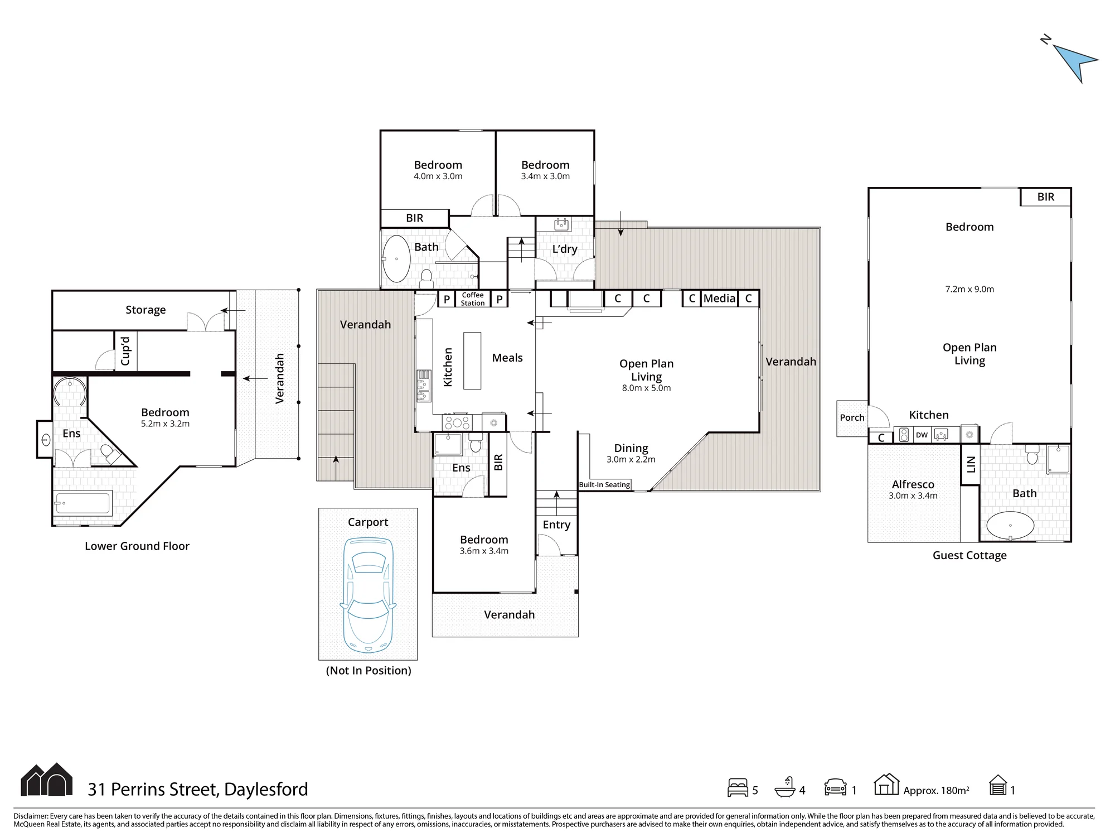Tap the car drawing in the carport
pos(368,595)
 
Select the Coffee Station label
pos(473,299)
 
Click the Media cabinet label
pos(719,299)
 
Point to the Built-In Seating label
pos(604,485)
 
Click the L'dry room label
pos(565,249)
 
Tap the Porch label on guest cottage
pos(852,417)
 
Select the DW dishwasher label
pos(922,435)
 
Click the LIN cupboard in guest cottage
pos(971,464)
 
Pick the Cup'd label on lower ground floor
pos(125,351)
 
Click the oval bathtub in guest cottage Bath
pos(1010,525)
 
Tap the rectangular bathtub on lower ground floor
pos(83,503)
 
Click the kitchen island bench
pos(472,361)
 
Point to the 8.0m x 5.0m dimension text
pos(646,388)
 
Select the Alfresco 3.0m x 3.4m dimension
pos(913,496)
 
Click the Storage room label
pos(146,310)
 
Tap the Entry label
pos(556,525)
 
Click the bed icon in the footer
pos(738,787)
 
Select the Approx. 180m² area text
pos(936,790)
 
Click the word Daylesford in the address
pos(266,790)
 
